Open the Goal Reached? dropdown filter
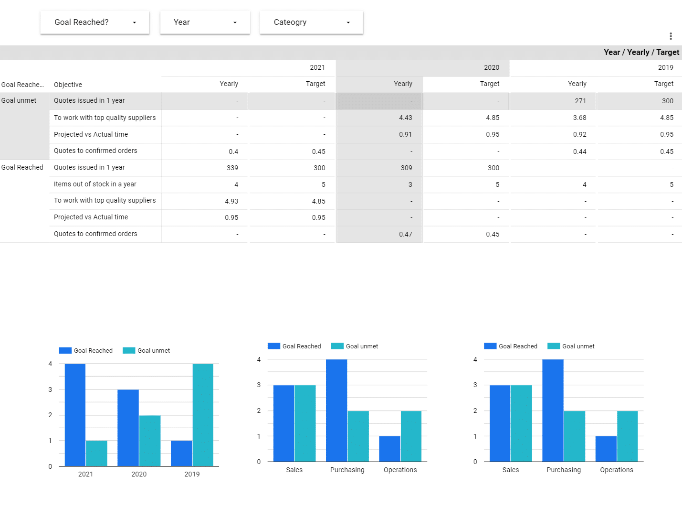[94, 22]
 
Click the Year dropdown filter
[205, 22]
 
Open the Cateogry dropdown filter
[311, 22]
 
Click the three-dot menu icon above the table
[671, 36]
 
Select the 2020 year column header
[491, 68]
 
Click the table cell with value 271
[580, 101]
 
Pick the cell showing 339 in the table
[232, 168]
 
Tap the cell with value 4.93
[231, 201]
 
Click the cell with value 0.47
[405, 234]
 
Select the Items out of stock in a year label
[95, 184]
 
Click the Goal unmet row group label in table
[19, 101]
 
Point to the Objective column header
[68, 85]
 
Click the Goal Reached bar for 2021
[75, 415]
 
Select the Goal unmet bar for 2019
[203, 415]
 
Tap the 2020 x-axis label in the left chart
[139, 474]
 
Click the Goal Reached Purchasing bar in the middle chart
[336, 411]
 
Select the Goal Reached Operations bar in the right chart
[606, 449]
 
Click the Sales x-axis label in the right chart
[510, 470]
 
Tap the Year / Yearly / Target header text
[641, 53]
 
